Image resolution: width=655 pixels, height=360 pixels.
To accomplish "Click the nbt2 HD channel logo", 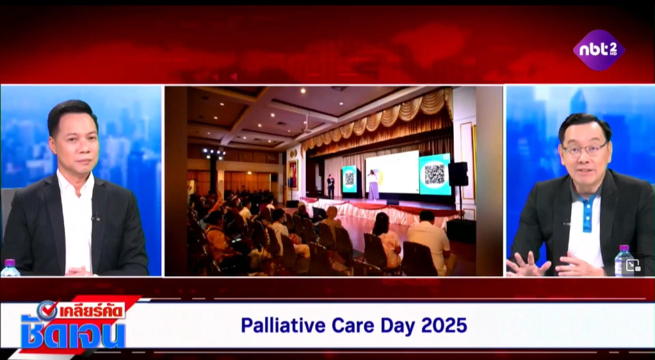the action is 599,50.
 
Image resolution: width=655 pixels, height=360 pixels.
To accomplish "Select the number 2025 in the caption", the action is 444,325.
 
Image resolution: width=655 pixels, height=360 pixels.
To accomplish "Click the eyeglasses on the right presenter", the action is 585,149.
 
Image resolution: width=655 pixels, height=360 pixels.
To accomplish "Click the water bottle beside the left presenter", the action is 9,268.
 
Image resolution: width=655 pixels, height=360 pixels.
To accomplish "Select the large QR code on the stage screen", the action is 434,173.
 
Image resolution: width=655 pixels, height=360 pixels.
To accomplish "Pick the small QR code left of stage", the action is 349,179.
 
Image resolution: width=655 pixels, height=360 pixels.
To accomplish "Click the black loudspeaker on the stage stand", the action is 458,174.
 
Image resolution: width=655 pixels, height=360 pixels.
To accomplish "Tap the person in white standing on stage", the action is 373,184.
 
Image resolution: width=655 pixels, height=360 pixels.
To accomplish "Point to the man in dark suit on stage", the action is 331,187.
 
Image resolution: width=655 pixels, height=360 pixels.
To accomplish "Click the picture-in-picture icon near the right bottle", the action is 633,265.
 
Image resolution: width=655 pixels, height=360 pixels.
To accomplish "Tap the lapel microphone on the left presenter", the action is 96,217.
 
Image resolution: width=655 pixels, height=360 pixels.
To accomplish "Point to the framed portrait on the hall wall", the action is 293,174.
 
